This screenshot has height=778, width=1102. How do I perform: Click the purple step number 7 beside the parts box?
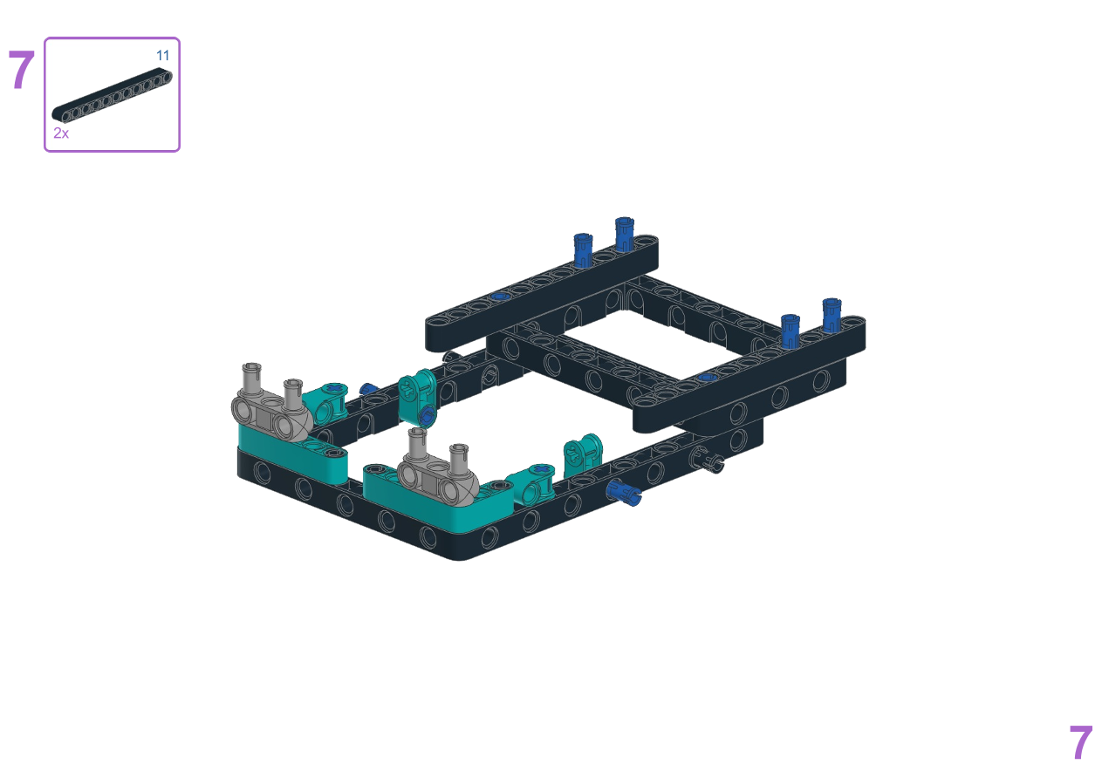22,70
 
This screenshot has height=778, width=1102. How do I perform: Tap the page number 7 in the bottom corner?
1080,742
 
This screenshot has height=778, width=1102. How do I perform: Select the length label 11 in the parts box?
163,55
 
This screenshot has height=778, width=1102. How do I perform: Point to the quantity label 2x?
61,133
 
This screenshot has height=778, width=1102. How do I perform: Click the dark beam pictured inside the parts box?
113,94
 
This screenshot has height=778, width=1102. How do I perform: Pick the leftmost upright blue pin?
583,249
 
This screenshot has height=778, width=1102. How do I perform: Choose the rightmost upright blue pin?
832,315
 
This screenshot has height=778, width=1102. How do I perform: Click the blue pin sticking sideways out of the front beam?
623,494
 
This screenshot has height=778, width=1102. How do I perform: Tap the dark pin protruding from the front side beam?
707,460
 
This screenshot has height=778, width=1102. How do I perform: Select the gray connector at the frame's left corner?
270,409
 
